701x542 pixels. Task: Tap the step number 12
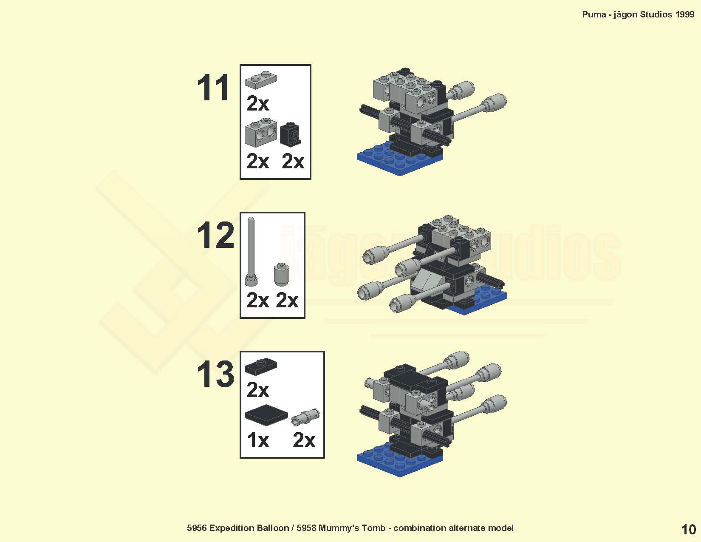215,236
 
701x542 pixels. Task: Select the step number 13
215,374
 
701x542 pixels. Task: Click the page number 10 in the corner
688,529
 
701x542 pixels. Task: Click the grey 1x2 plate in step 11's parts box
261,79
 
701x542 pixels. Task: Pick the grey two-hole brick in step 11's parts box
261,132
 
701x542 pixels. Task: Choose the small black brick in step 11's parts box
291,133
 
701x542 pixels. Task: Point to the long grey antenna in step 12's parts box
251,252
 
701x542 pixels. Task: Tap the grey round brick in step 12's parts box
281,274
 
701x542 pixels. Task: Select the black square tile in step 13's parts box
266,415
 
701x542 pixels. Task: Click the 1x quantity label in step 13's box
258,440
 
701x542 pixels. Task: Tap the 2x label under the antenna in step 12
257,301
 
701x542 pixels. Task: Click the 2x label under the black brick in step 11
293,161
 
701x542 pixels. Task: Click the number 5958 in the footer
306,528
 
